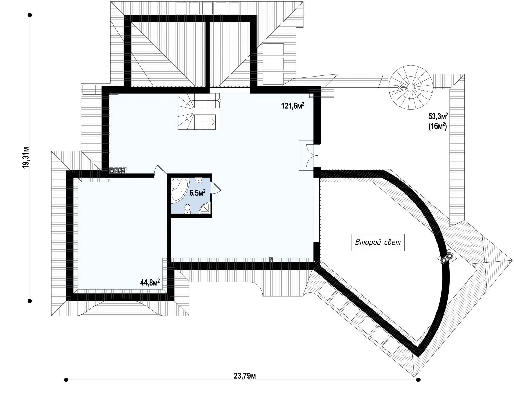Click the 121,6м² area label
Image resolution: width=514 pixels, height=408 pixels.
293,105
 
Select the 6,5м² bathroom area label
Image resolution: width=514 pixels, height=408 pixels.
198,193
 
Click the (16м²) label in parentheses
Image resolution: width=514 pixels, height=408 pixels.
438,126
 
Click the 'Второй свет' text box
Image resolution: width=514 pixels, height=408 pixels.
378,242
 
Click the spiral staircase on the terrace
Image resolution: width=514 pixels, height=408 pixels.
411,87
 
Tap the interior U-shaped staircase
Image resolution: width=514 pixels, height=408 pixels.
199,111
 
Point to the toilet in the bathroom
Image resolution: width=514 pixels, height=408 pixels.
187,208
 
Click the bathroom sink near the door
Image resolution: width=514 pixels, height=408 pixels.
198,180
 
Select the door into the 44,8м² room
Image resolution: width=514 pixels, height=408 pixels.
160,171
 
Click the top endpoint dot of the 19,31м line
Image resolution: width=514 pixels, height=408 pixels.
30,15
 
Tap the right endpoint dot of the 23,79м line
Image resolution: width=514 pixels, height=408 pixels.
418,379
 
